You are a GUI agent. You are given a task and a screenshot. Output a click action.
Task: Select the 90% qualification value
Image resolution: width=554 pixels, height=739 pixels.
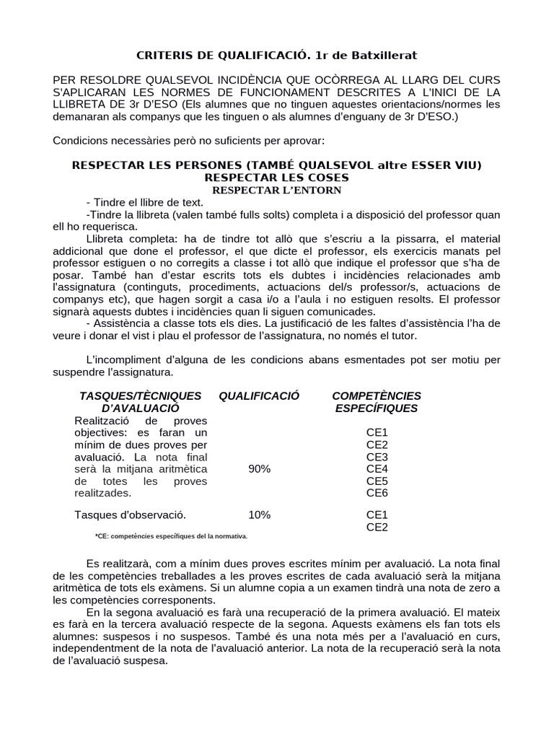tap(259, 469)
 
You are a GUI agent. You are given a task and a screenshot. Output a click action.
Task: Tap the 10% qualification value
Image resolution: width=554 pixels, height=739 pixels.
tap(259, 515)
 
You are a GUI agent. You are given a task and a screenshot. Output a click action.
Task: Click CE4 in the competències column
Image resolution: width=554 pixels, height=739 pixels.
tap(377, 469)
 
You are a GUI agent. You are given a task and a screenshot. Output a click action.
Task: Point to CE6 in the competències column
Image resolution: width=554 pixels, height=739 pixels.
tap(377, 493)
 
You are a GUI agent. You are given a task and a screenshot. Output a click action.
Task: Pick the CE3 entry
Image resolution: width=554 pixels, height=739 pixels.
tap(377, 457)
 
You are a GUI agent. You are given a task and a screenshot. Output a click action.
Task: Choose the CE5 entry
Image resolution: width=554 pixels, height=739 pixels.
tap(377, 481)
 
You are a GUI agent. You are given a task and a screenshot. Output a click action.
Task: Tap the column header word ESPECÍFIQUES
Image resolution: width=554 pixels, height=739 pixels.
tap(377, 408)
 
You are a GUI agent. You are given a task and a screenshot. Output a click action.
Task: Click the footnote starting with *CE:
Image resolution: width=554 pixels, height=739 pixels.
tap(171, 536)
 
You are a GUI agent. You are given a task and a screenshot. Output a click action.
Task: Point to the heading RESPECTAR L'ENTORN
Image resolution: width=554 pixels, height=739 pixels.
tap(276, 190)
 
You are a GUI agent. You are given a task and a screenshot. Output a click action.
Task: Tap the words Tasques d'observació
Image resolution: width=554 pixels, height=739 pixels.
tap(130, 515)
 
